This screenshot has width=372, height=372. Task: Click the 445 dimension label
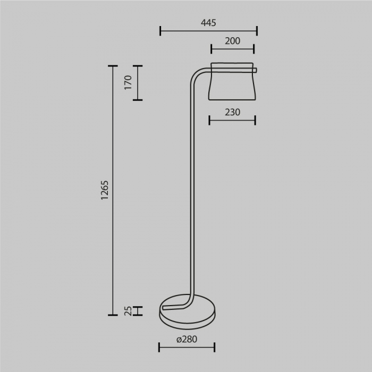208,23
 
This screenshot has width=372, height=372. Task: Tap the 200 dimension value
232,41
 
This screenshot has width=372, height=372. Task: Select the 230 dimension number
232,112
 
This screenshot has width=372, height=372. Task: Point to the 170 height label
128,83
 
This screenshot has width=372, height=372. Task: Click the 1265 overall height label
105,190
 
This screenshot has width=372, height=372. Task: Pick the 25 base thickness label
128,311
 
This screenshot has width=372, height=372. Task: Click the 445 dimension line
208,31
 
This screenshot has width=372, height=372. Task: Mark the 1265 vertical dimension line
112,190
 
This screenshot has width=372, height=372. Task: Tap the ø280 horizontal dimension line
187,348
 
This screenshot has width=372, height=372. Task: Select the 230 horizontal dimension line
232,120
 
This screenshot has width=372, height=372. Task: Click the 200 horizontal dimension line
232,49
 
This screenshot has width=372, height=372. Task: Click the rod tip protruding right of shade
256,70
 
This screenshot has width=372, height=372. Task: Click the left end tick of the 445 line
160,31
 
